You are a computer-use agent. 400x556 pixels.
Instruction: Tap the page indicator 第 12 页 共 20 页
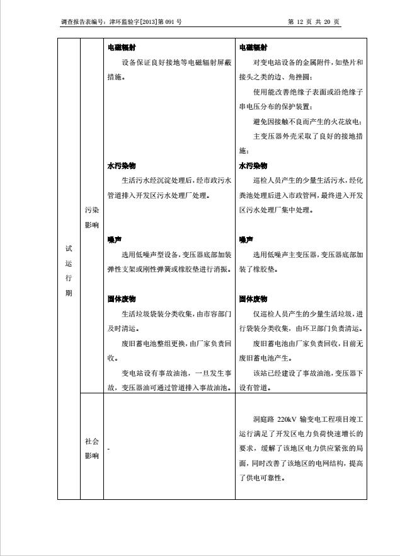(314, 22)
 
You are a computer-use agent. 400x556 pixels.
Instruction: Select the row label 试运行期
(69, 270)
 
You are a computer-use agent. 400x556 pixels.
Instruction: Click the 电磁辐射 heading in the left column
(121, 47)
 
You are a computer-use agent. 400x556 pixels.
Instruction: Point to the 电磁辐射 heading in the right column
(253, 47)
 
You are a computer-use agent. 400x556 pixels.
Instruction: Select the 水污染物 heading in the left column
(121, 166)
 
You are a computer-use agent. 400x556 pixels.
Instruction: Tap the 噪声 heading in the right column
(246, 240)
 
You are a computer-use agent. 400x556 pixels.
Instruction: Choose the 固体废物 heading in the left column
(121, 299)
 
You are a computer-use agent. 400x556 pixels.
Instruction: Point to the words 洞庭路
(263, 419)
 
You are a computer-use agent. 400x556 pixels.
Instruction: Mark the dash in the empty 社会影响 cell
(108, 449)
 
